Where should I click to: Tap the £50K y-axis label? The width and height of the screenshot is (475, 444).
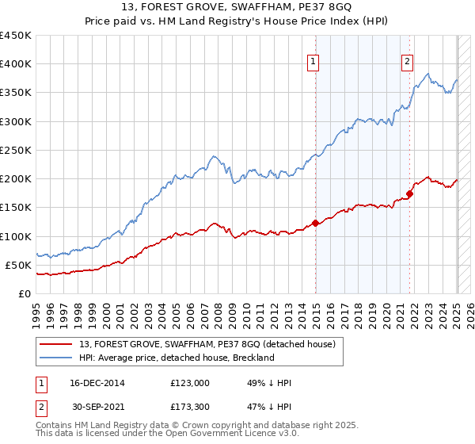coord(18,265)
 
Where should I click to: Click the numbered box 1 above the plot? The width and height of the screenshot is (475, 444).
coord(313,64)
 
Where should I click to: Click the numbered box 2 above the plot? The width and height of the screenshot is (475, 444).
coord(407,64)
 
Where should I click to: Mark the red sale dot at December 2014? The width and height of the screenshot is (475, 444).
coord(316,223)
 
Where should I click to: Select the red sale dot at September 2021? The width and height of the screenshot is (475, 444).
coord(410,193)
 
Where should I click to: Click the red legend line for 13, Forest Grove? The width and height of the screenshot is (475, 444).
coord(58,344)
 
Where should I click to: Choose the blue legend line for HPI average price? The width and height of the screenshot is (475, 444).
coord(58,358)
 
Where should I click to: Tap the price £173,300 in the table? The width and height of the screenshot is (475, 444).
coord(189,408)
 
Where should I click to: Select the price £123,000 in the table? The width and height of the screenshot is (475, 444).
coord(189,383)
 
